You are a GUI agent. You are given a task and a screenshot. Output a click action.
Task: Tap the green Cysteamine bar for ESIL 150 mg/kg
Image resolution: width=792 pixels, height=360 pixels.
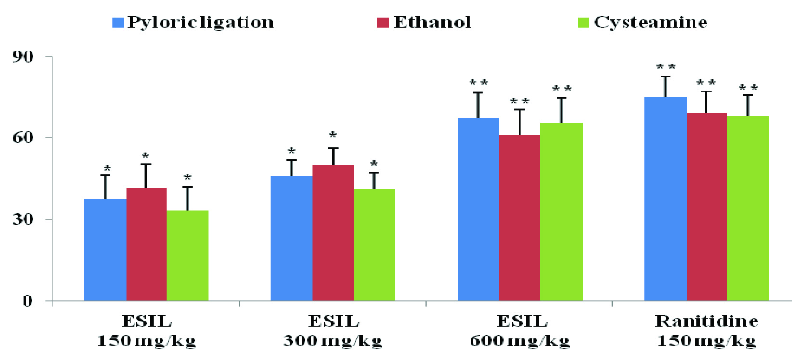click(187, 255)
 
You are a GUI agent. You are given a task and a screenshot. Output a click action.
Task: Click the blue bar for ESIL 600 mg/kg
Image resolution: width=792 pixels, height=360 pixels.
click(478, 209)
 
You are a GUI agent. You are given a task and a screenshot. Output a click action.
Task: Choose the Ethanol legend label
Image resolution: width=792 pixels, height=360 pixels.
click(432, 22)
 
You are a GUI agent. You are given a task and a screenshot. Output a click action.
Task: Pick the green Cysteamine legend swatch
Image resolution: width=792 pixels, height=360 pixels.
click(583, 23)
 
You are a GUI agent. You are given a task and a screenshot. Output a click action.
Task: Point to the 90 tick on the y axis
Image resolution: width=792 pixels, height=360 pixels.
click(23, 57)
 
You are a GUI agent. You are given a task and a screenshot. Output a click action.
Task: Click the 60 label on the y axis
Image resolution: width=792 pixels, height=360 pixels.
click(23, 138)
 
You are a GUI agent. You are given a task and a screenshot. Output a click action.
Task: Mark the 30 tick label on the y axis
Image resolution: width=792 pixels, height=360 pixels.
click(23, 219)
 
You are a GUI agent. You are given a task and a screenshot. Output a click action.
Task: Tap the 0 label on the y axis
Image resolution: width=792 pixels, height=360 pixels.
click(27, 301)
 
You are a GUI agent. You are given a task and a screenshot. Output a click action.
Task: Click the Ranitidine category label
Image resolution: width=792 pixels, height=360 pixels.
click(706, 321)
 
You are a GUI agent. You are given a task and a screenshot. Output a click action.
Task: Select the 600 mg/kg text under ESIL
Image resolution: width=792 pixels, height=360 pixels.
click(519, 341)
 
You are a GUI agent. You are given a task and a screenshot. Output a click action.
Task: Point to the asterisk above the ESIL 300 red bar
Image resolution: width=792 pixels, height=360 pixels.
click(333, 135)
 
